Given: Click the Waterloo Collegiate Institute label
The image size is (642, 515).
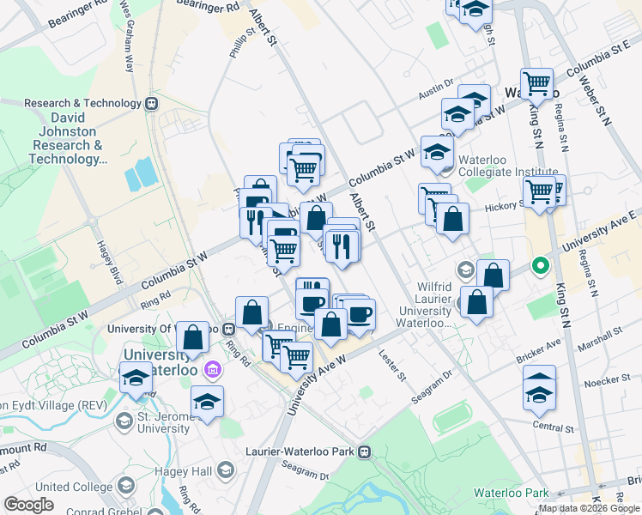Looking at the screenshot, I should [508, 166].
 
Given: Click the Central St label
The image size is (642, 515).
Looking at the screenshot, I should [552, 427].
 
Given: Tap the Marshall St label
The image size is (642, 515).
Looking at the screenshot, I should [602, 335].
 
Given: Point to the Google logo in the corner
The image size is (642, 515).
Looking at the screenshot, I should [29, 505].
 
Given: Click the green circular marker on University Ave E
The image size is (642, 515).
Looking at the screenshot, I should [540, 265].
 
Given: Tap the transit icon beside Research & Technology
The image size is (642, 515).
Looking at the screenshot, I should [152, 104].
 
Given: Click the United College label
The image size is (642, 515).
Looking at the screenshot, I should [64, 487].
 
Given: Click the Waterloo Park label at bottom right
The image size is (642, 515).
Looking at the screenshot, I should [525, 493].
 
